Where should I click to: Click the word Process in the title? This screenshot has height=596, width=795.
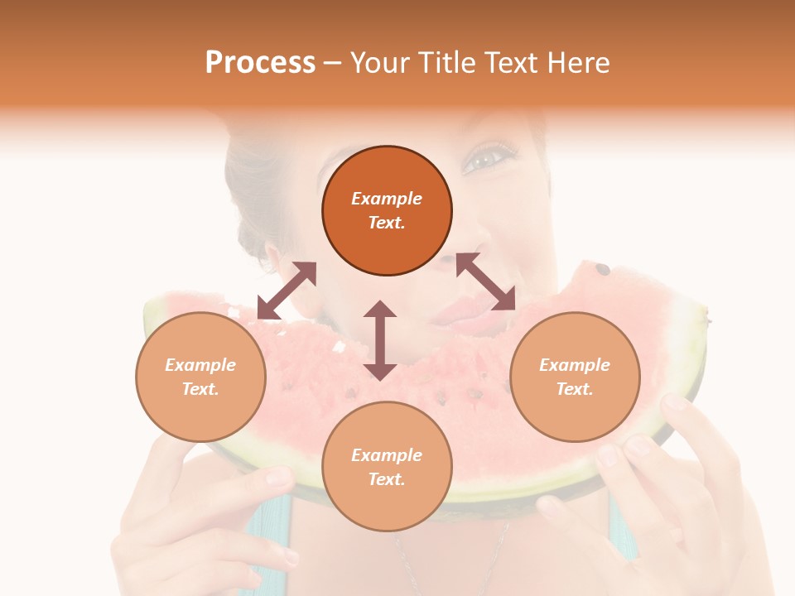point(260,63)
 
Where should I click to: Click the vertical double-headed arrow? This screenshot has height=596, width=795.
point(380,340)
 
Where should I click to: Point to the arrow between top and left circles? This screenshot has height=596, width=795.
point(287,290)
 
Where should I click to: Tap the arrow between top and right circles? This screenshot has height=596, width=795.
point(485,281)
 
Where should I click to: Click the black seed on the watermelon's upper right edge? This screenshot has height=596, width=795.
point(603,270)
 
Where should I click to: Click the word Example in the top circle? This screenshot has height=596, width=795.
point(387,199)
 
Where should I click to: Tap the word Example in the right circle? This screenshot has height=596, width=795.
point(575,365)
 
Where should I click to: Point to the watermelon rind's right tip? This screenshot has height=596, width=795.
point(706,315)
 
